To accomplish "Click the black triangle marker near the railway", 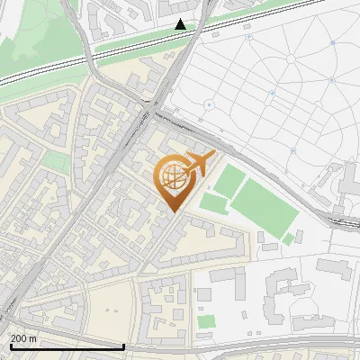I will (181, 24).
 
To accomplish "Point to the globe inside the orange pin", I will (170, 178).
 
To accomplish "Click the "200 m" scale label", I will (24, 337).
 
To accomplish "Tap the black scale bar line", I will (63, 346).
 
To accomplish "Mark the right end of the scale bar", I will (123, 346).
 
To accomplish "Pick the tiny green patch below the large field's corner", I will (289, 239).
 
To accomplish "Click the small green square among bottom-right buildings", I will (207, 321).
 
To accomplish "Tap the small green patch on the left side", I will (56, 162).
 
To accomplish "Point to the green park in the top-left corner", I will (36, 36).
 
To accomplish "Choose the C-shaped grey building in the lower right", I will (286, 297).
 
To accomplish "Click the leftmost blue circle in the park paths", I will (209, 105).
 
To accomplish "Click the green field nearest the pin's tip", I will (213, 203).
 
